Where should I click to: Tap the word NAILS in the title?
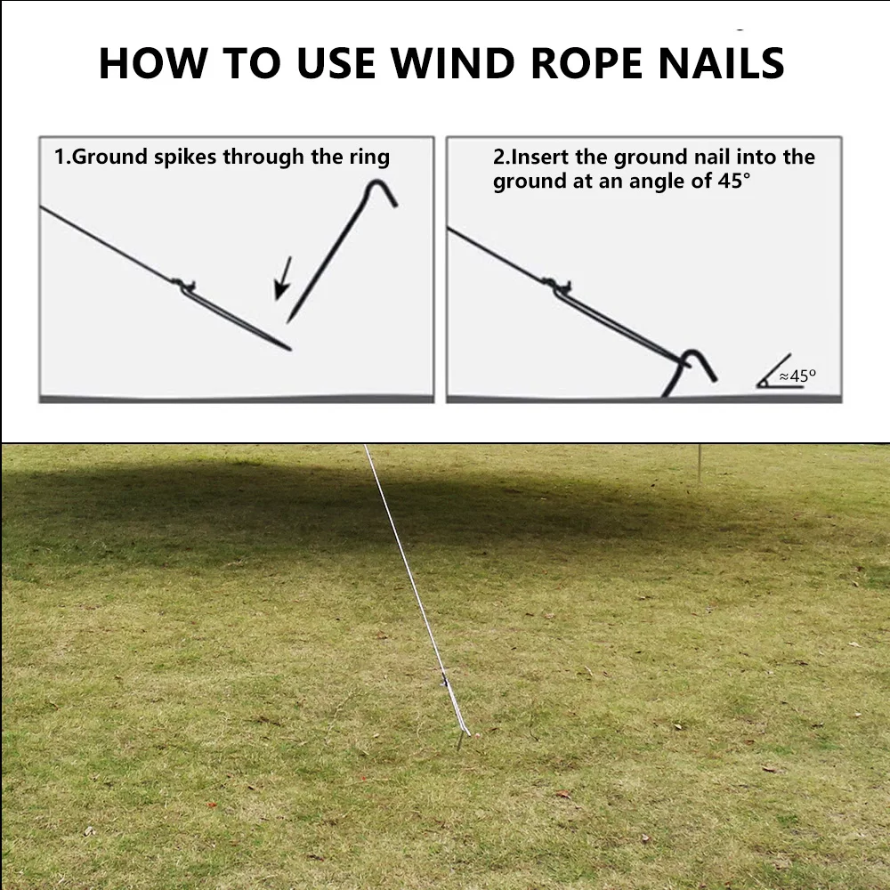722,62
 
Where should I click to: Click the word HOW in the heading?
151,62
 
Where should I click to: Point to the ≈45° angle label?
797,376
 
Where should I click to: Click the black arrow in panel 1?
283,278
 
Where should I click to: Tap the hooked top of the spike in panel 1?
378,190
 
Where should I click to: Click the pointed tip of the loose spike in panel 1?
288,320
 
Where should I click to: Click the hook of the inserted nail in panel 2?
696,362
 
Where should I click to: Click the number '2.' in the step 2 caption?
502,158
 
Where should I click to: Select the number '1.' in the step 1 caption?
62,158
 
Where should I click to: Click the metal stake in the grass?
463,740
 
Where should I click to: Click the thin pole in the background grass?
700,463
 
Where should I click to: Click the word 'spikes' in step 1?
186,158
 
